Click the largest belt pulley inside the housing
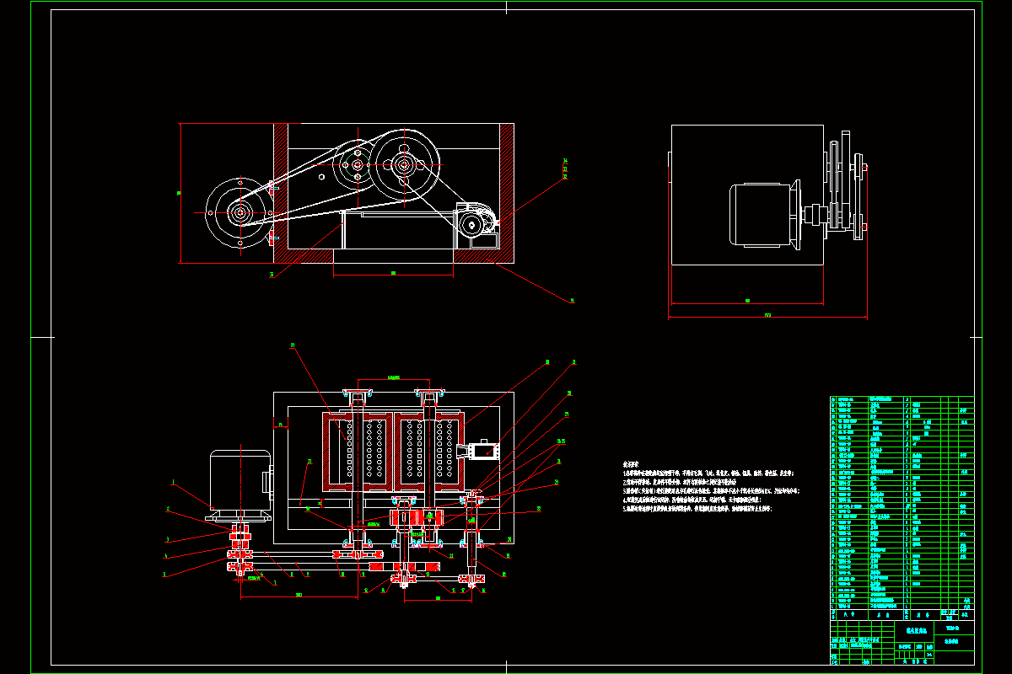tap(405, 165)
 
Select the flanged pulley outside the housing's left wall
tap(240, 213)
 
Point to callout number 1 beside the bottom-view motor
tap(172, 483)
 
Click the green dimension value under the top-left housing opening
tap(393, 273)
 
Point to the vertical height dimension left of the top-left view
tap(180, 193)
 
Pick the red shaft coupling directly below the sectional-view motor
tap(240, 534)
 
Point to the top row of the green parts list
tap(902, 399)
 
